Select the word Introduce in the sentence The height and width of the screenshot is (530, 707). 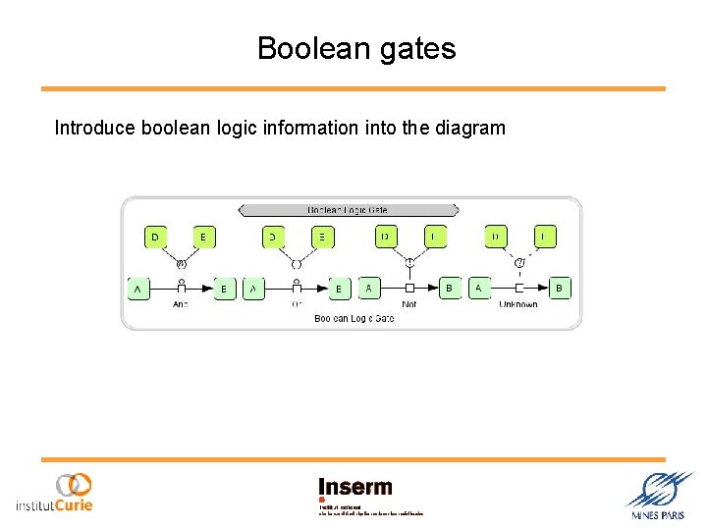(95, 128)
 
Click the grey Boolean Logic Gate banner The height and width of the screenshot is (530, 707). (349, 209)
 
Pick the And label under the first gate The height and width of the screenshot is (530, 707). (180, 304)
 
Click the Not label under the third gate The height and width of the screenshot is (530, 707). (409, 304)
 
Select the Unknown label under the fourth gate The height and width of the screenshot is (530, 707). (518, 304)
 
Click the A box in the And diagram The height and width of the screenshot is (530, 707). (137, 289)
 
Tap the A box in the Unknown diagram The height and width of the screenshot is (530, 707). (479, 288)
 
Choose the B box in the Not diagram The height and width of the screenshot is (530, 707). (449, 288)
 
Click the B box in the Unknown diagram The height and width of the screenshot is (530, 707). (560, 288)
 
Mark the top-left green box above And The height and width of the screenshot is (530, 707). (154, 237)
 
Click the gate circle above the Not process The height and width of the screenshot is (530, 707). (409, 262)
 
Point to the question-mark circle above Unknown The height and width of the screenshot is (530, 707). (519, 262)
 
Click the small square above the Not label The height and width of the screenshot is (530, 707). (409, 288)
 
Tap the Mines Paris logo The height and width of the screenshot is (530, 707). (658, 496)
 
